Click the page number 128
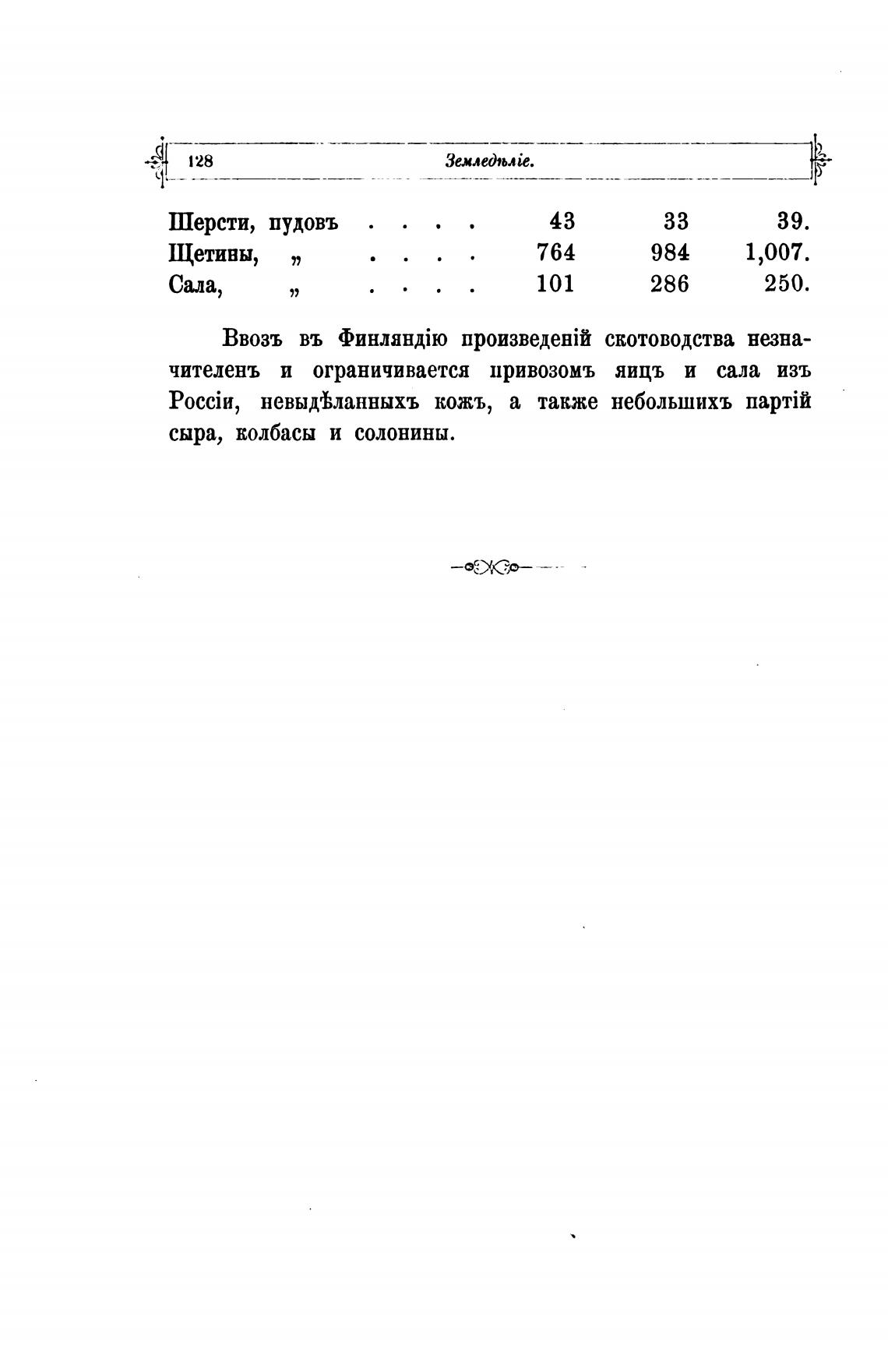[200, 161]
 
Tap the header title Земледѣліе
[489, 161]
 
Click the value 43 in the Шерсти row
[562, 222]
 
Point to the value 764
[556, 253]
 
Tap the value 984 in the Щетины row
[670, 253]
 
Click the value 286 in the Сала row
[670, 284]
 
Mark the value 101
[556, 284]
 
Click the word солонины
[404, 433]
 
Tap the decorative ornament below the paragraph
[493, 567]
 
